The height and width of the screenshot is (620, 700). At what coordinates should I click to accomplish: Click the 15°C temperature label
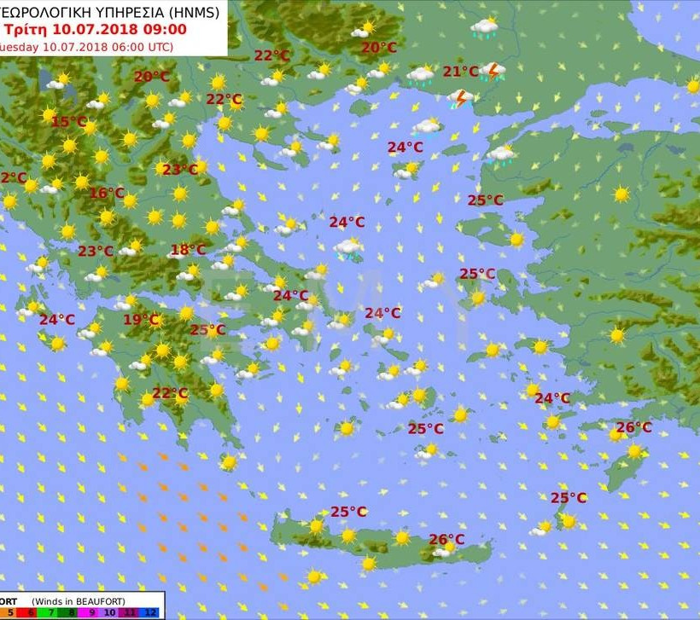click(x=68, y=122)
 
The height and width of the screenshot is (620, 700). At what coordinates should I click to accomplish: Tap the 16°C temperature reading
click(x=107, y=194)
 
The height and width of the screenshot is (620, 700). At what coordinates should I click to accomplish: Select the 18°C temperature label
click(x=188, y=251)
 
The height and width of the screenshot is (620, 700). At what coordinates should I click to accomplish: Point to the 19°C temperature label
click(x=142, y=321)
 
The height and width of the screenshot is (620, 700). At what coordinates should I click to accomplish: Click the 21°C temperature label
click(x=460, y=72)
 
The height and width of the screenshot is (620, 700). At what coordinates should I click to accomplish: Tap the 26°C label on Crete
click(x=446, y=540)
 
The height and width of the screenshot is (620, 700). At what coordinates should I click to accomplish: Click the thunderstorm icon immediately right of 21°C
click(x=493, y=71)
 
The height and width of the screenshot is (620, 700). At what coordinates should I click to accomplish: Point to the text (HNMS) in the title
click(x=191, y=12)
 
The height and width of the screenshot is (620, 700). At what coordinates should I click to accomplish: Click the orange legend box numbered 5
click(x=8, y=611)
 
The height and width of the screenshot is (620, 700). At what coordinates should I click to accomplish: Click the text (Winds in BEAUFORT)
click(x=78, y=600)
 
